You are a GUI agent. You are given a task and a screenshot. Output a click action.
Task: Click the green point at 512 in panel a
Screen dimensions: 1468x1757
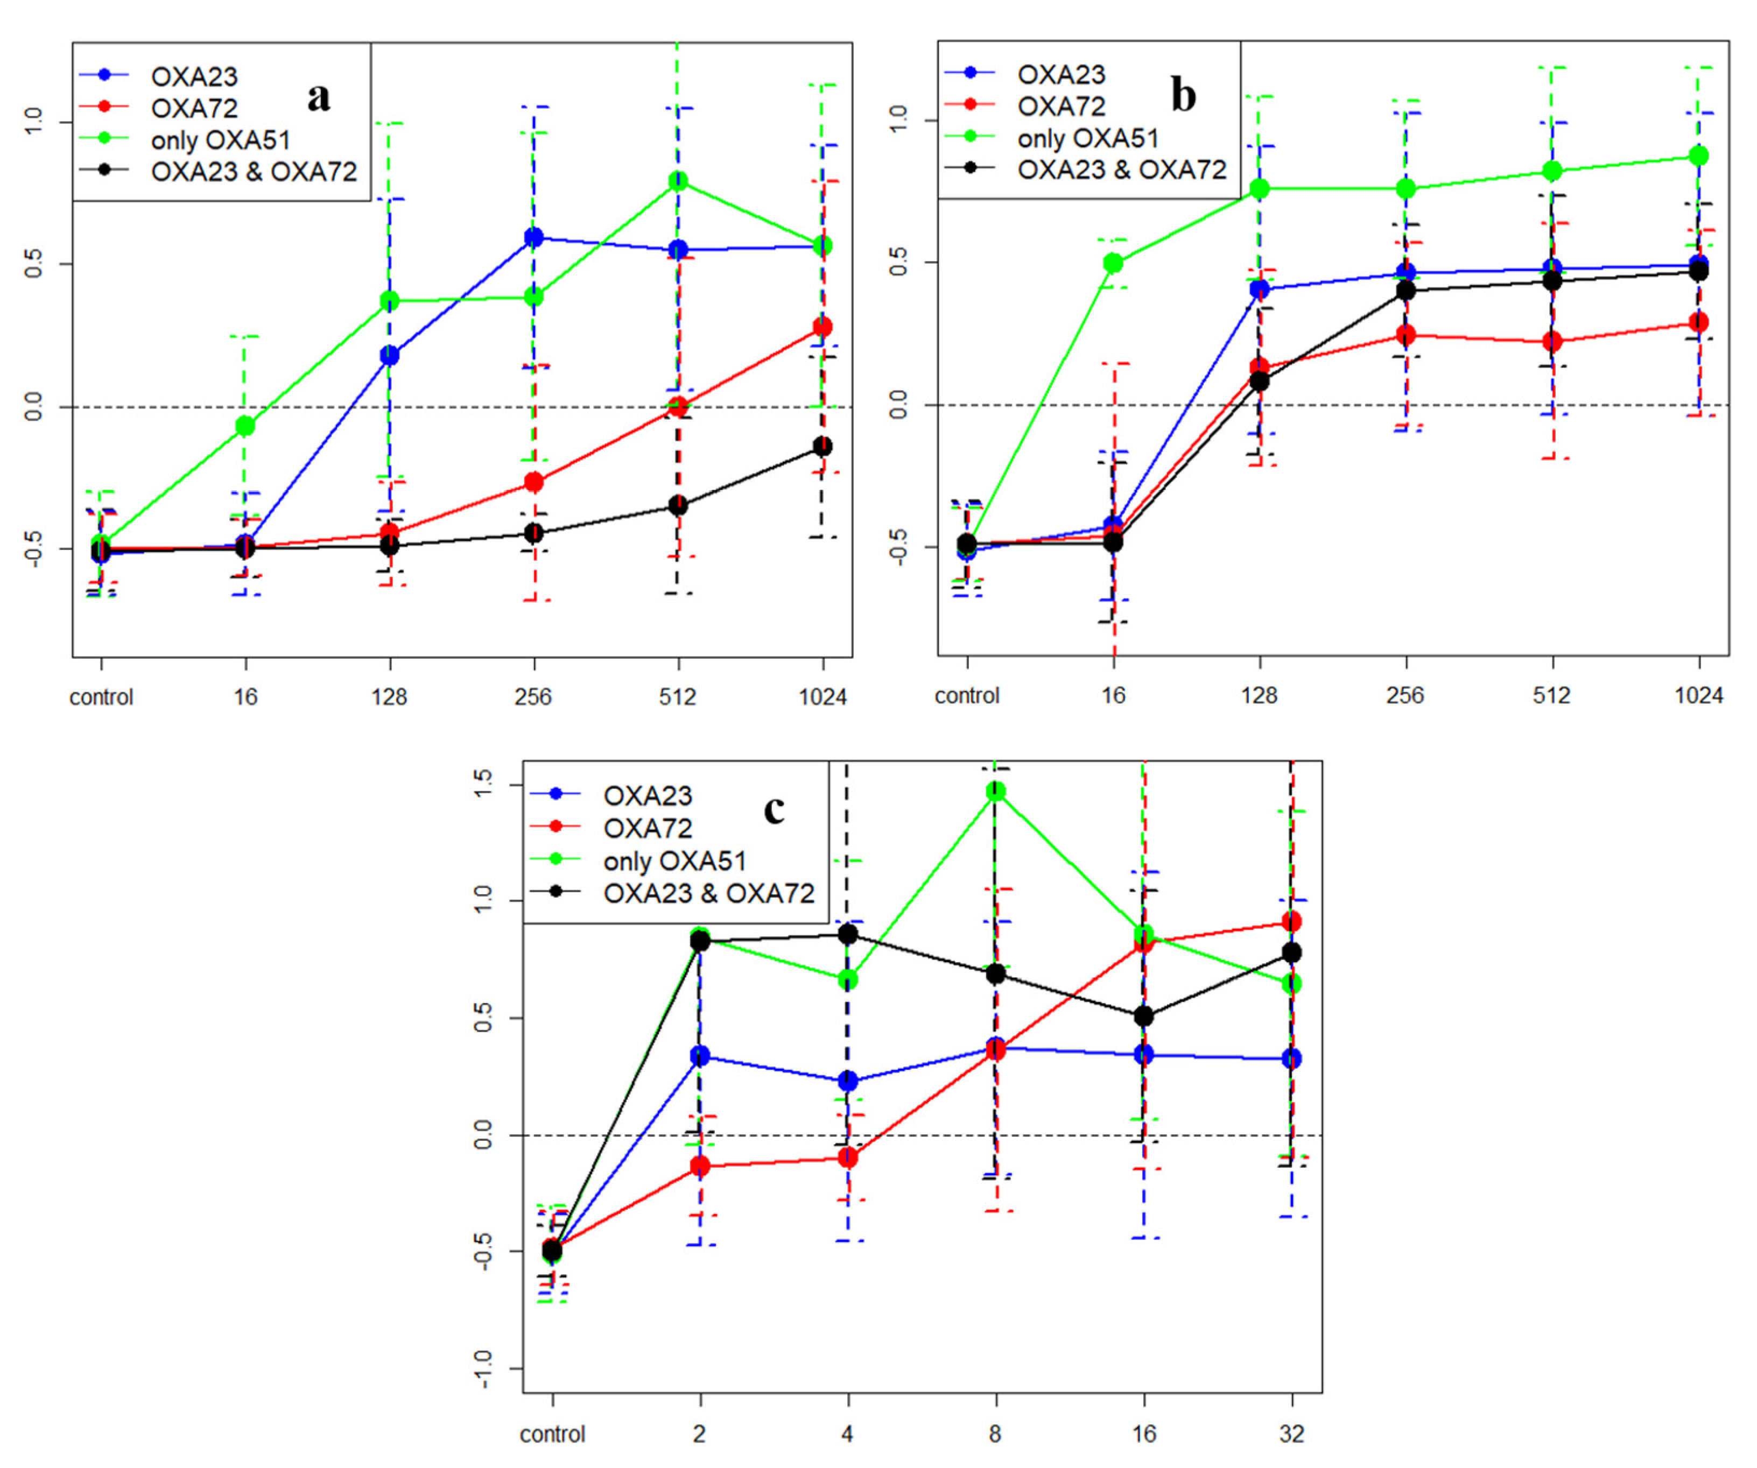[x=678, y=181]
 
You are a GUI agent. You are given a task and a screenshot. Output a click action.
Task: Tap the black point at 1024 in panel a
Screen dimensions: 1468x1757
[x=823, y=447]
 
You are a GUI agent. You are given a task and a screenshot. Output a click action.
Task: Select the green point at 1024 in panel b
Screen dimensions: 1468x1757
[x=1698, y=157]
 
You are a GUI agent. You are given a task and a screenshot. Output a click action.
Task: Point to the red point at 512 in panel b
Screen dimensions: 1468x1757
[x=1552, y=341]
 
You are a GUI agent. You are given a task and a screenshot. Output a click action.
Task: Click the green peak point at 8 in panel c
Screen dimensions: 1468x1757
[x=996, y=791]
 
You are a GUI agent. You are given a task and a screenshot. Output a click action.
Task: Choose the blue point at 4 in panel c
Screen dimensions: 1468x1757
[x=847, y=1081]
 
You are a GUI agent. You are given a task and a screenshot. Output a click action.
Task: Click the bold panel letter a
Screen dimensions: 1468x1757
[x=319, y=97]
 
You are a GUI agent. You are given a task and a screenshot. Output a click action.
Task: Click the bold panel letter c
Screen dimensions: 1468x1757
[x=774, y=809]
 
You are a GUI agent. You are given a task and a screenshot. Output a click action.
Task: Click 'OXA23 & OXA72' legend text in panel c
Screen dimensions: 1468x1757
[x=708, y=893]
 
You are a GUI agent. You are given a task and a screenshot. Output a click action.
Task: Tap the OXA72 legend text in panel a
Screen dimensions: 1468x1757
[x=194, y=108]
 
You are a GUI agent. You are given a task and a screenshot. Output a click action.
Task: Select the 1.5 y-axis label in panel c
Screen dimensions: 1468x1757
[x=483, y=785]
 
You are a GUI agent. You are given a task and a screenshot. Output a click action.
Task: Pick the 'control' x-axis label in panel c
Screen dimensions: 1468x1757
[x=552, y=1434]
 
